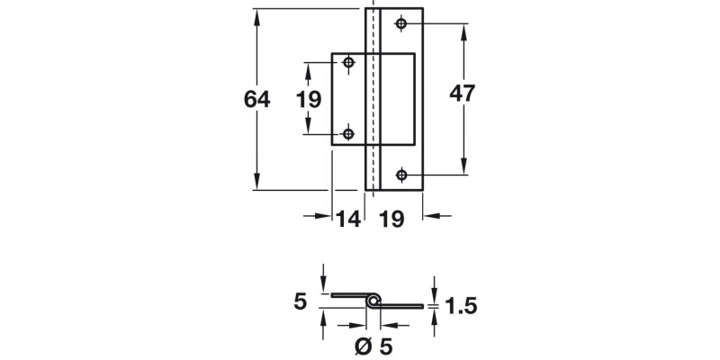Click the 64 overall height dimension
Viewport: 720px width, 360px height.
[257, 99]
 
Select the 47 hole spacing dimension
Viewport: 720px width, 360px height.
[463, 94]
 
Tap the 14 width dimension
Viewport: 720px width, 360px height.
[348, 217]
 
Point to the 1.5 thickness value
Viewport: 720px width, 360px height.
[460, 307]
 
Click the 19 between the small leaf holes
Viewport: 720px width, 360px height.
[309, 99]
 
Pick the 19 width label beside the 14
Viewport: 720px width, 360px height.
[391, 217]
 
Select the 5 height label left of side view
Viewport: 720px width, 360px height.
[300, 301]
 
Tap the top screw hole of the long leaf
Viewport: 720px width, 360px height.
[401, 23]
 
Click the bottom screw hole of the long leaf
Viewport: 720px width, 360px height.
[401, 175]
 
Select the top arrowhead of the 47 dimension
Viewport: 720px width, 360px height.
[463, 31]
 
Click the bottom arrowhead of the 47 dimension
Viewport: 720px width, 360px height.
[463, 168]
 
